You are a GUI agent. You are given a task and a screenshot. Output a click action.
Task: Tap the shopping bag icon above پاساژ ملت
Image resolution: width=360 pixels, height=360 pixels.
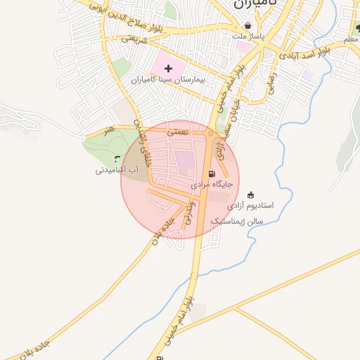click(x=247, y=25)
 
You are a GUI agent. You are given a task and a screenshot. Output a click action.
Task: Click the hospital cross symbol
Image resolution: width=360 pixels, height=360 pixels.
click(x=168, y=69)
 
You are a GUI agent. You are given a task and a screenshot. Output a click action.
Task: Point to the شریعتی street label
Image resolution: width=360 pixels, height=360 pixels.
click(x=134, y=39)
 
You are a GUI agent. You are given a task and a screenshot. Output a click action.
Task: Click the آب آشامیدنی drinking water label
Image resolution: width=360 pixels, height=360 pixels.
click(x=117, y=170)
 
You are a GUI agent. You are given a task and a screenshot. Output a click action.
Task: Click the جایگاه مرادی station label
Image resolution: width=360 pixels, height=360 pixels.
click(x=211, y=184)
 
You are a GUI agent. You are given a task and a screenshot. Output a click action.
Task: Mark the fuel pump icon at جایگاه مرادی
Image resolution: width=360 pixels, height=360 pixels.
click(x=210, y=174)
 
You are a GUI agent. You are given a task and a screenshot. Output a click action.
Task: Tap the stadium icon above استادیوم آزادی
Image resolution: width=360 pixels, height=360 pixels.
click(x=252, y=195)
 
